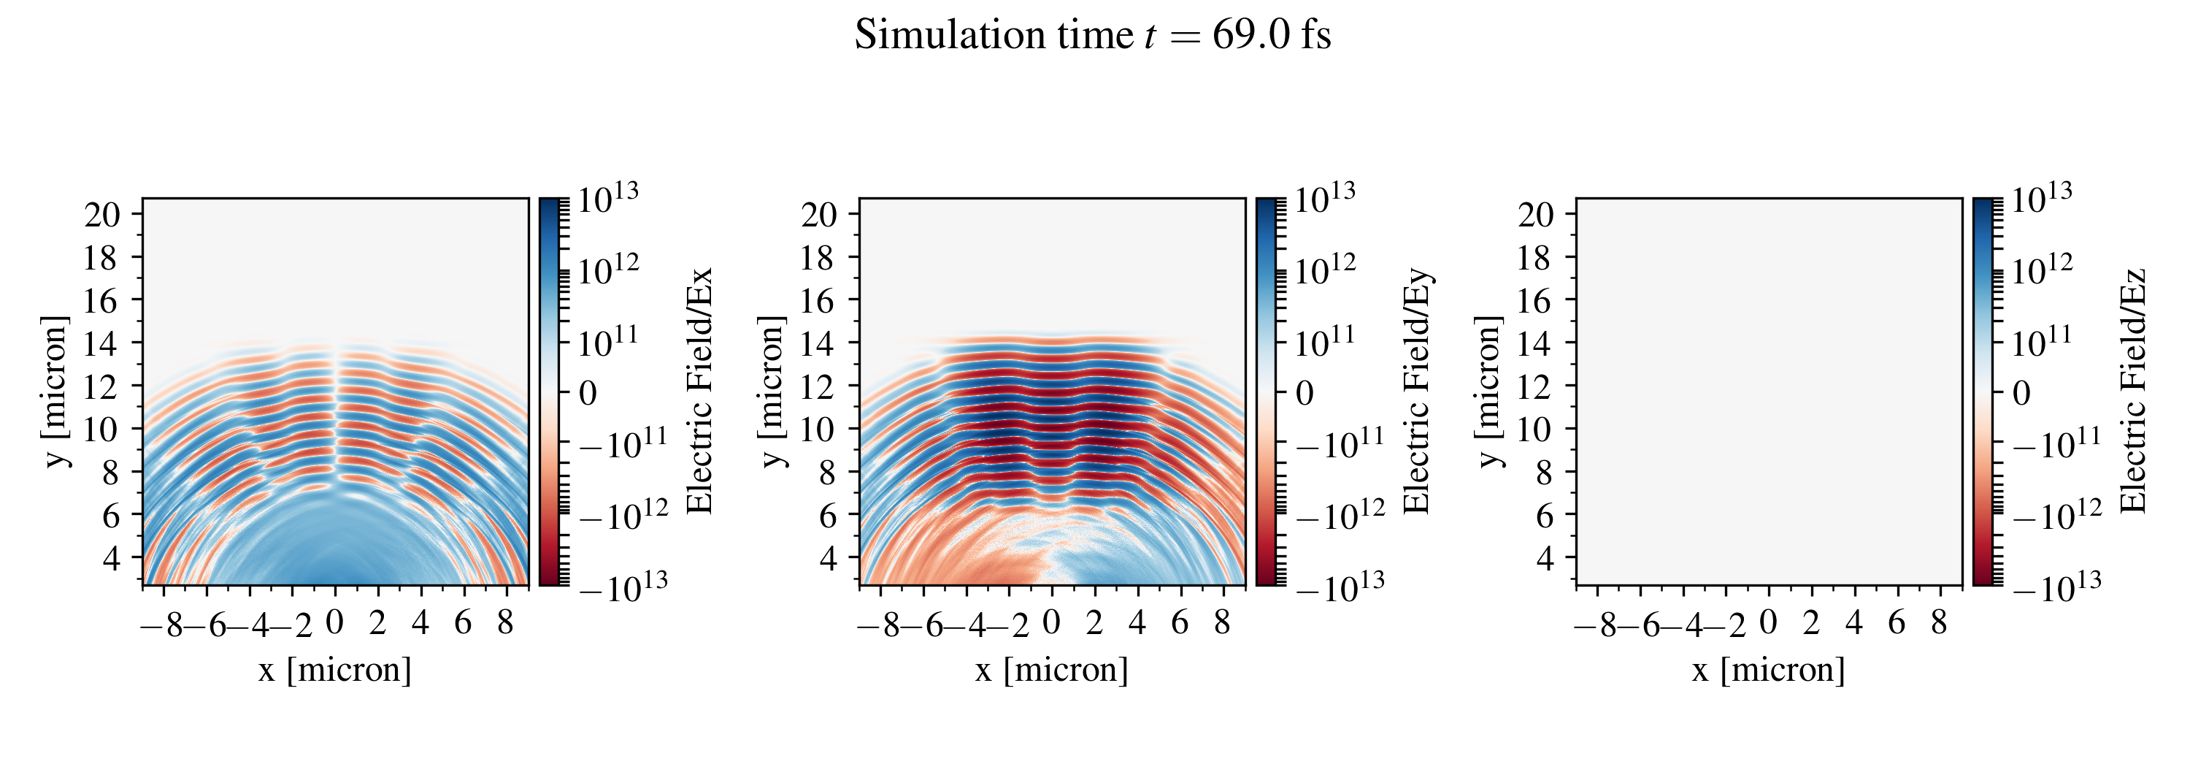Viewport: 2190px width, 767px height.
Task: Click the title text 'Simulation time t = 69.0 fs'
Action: pyautogui.click(x=1093, y=36)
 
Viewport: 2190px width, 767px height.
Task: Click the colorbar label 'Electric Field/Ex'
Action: pyautogui.click(x=699, y=391)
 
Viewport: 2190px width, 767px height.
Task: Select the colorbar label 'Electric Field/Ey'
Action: pyautogui.click(x=1416, y=391)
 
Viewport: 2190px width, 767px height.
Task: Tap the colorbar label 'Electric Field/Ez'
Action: pyautogui.click(x=2133, y=391)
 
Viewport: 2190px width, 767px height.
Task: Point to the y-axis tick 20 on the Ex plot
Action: pyautogui.click(x=102, y=215)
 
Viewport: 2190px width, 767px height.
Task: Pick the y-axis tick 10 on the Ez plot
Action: pyautogui.click(x=1535, y=430)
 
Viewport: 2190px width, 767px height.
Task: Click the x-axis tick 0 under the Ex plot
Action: pyautogui.click(x=335, y=623)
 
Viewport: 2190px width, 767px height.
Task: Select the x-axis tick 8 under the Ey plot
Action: pyautogui.click(x=1223, y=623)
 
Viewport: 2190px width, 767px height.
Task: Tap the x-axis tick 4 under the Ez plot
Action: pyautogui.click(x=1854, y=623)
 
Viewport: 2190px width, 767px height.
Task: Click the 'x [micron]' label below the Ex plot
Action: pyautogui.click(x=335, y=670)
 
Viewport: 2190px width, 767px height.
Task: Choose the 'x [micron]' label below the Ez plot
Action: pyautogui.click(x=1768, y=670)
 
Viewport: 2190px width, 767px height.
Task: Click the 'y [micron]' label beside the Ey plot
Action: pyautogui.click(x=772, y=391)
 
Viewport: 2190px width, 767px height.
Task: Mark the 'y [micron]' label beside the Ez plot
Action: pyautogui.click(x=1488, y=391)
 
